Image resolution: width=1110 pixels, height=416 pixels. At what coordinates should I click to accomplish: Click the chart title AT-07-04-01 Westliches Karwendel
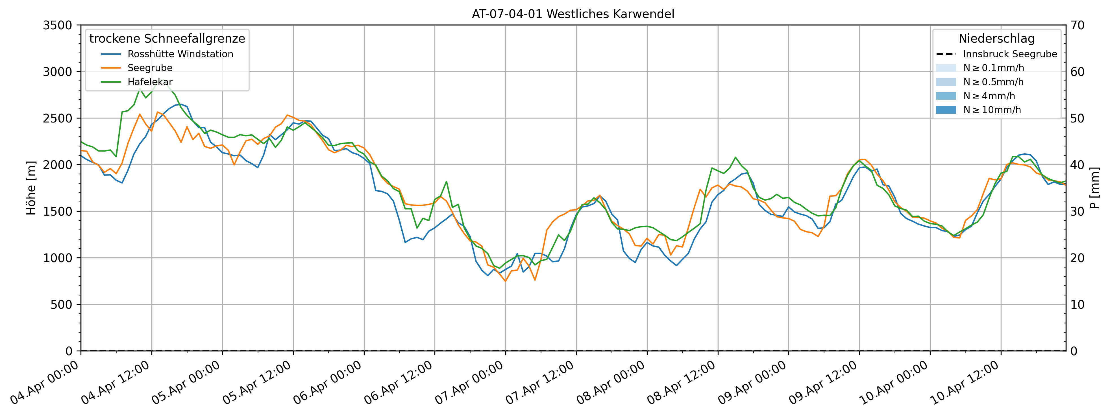point(573,14)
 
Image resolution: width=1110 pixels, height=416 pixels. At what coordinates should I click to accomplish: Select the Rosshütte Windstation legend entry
point(180,54)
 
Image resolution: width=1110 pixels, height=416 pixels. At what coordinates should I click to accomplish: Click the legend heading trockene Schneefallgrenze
point(167,39)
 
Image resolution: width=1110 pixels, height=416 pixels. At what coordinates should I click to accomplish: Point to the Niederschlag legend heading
point(996,39)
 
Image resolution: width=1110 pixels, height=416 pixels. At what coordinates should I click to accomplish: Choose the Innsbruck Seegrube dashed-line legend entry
point(1010,54)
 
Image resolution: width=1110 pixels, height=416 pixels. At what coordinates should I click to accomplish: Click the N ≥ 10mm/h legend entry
point(992,110)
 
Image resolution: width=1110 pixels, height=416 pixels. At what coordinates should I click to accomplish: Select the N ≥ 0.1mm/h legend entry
point(993,68)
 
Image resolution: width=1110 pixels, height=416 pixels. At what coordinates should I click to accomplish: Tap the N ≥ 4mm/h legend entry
point(989,96)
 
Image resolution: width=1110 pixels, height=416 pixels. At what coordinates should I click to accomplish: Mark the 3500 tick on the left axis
point(57,25)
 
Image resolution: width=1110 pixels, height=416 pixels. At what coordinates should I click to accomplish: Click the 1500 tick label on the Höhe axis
point(57,211)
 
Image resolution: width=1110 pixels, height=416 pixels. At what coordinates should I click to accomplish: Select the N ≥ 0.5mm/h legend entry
point(993,82)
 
